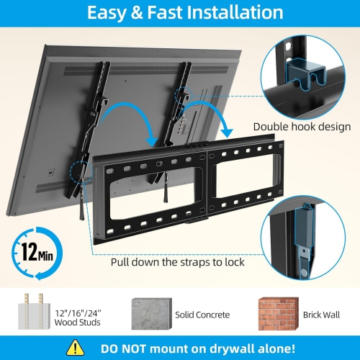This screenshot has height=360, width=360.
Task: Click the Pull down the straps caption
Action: point(177,262)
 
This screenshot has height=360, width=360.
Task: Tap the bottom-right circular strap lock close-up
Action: point(311,229)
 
